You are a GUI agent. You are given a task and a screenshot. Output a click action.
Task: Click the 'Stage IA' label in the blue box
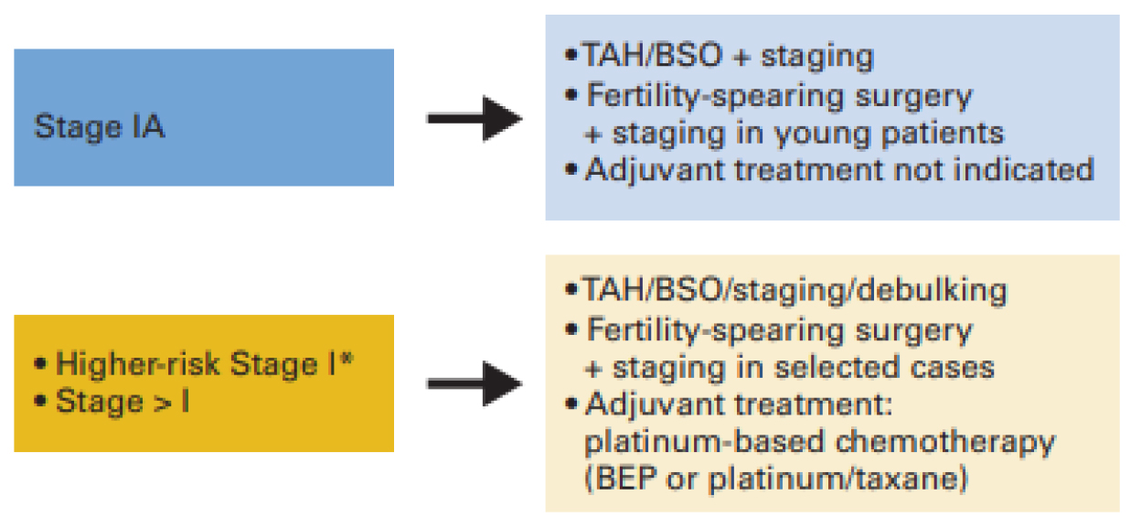tap(100, 126)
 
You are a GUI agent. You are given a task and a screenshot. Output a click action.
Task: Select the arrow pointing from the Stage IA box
tap(475, 118)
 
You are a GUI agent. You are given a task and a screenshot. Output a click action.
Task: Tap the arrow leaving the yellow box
tap(475, 383)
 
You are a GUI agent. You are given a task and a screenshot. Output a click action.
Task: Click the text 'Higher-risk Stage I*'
tap(205, 364)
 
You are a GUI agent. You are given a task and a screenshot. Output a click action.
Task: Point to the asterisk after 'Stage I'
tap(347, 358)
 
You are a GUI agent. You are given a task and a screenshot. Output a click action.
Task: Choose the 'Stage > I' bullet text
tap(123, 402)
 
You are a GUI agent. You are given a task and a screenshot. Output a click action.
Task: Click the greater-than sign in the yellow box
tap(163, 404)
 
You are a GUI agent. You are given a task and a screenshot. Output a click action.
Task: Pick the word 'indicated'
tap(1023, 168)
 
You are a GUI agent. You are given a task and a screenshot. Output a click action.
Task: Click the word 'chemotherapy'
tap(946, 442)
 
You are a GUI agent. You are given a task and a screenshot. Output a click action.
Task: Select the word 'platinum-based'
tap(704, 442)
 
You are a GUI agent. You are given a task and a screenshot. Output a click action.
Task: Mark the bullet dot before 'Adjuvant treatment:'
tap(571, 404)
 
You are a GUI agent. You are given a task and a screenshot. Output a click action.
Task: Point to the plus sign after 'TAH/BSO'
tap(741, 57)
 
